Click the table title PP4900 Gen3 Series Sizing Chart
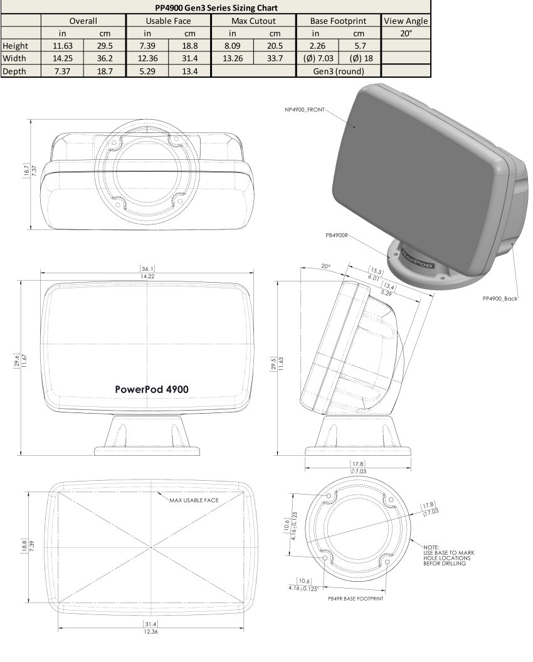[x=216, y=8]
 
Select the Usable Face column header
[x=168, y=21]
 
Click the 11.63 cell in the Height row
[x=63, y=46]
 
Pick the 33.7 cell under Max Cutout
[x=275, y=58]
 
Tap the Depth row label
[x=14, y=71]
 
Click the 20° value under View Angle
[x=406, y=33]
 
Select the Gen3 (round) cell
[x=339, y=71]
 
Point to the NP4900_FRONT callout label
[x=304, y=110]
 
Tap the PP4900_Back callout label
[x=500, y=298]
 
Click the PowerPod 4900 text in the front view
[x=152, y=389]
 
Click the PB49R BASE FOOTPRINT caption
[x=356, y=599]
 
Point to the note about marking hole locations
[x=448, y=555]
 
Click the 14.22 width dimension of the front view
[x=148, y=276]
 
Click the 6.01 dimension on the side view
[x=373, y=277]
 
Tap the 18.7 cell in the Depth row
[x=105, y=71]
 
